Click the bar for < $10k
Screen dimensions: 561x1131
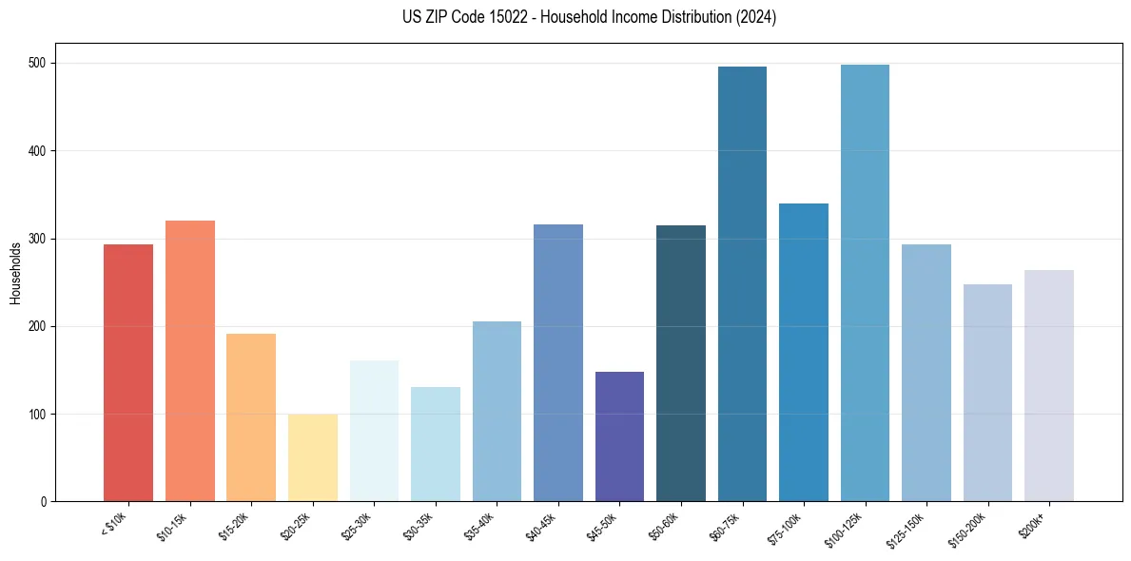click(128, 373)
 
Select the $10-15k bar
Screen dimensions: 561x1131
click(189, 361)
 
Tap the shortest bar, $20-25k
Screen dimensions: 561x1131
click(312, 457)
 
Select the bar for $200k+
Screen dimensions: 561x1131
click(1048, 385)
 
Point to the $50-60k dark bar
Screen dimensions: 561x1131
click(680, 363)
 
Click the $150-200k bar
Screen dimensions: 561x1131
click(987, 393)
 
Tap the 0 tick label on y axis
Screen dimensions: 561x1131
click(45, 502)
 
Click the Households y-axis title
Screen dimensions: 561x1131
click(15, 273)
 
